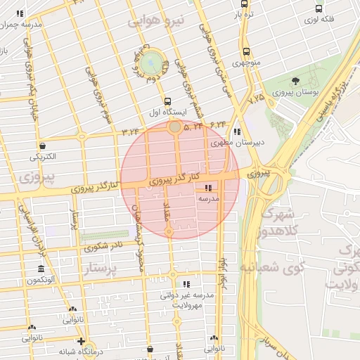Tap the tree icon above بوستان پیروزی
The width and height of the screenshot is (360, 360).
click(x=295, y=81)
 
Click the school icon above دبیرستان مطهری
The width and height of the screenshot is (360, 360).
click(x=237, y=131)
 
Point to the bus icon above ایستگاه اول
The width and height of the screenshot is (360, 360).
click(x=167, y=101)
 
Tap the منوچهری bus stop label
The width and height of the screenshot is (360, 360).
click(x=246, y=63)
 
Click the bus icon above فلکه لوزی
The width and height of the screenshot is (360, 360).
click(x=320, y=9)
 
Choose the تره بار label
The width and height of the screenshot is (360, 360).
click(x=243, y=14)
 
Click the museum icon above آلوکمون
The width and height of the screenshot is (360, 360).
click(x=41, y=270)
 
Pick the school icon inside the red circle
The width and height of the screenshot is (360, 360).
click(x=207, y=188)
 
